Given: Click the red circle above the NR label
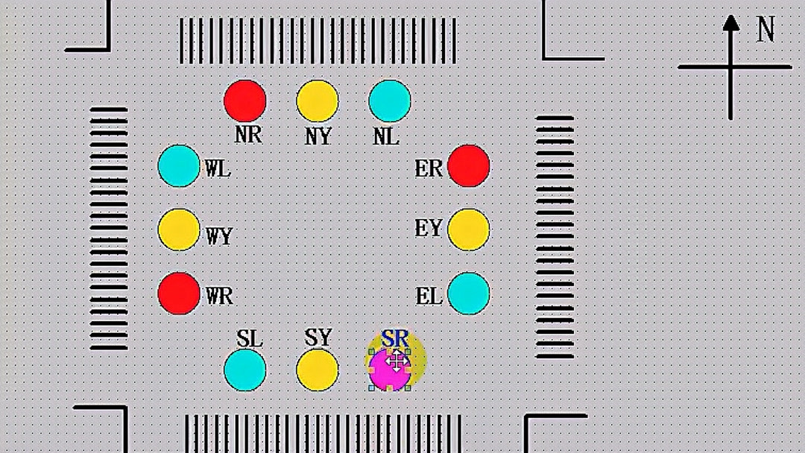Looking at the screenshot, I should [245, 101].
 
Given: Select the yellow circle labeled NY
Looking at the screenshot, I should [318, 101].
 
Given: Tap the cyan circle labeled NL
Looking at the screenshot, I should [390, 101].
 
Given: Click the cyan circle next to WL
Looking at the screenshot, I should [179, 165].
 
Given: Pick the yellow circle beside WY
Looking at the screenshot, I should [179, 229].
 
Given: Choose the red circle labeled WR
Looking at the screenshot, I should [179, 294].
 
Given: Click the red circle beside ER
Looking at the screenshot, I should [469, 165].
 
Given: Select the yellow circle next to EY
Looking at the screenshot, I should [469, 229].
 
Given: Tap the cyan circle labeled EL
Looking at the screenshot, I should [469, 294].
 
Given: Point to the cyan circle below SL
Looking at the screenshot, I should [245, 370].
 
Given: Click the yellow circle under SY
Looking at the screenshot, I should [318, 370].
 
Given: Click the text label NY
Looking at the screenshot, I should [318, 137].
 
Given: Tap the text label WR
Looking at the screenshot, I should [219, 297].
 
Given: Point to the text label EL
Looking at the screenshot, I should [429, 297].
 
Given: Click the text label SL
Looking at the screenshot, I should [250, 338].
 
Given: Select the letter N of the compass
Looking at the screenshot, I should [765, 30].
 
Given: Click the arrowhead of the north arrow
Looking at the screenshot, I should [731, 23].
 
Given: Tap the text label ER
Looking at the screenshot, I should [429, 169].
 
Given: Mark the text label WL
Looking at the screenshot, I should [218, 169].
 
